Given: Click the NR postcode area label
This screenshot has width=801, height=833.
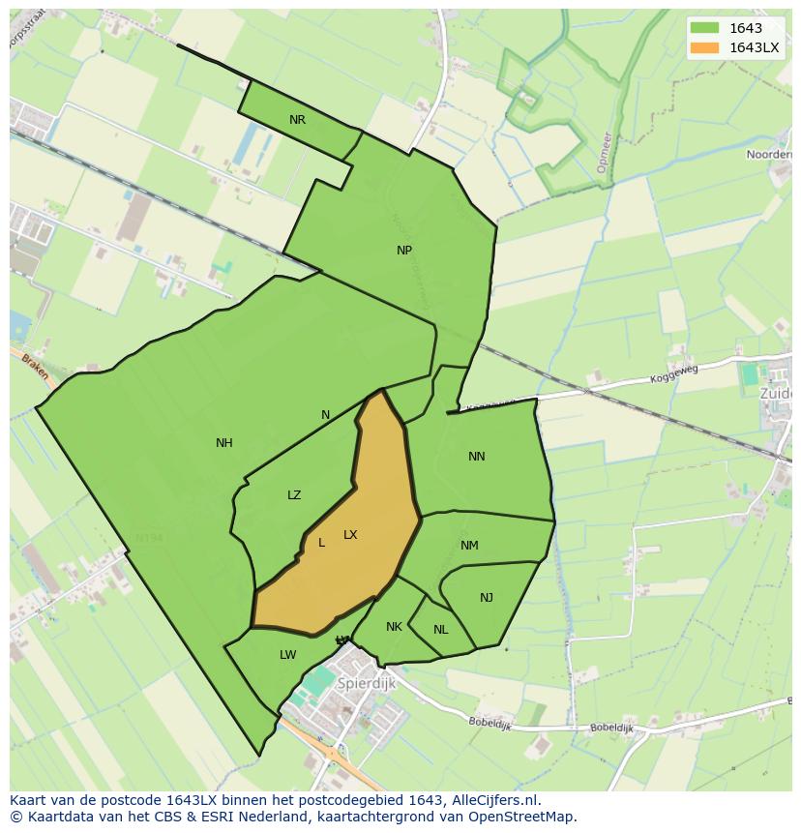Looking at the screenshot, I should click(x=297, y=120).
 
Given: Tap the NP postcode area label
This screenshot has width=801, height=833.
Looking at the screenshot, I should click(x=404, y=250).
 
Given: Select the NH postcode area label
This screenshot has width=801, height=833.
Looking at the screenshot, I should click(x=223, y=443).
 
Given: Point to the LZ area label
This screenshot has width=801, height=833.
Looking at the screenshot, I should click(x=294, y=495).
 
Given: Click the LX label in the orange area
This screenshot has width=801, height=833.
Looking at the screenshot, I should click(x=350, y=535).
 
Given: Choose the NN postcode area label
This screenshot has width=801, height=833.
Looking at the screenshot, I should click(x=476, y=457).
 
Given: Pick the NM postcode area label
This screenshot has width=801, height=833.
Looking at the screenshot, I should click(x=469, y=546).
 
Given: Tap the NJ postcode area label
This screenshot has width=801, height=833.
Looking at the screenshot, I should click(x=486, y=598).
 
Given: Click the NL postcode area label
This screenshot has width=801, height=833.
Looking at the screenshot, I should click(x=440, y=630).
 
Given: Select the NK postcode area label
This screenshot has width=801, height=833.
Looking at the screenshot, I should click(x=394, y=627).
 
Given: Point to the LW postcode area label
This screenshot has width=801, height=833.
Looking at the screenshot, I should click(x=287, y=655).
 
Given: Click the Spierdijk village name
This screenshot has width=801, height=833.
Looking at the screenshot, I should click(x=367, y=683).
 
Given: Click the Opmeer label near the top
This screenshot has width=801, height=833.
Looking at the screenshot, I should click(x=604, y=153).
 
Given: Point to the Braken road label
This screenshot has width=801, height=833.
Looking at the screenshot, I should click(x=35, y=365).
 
